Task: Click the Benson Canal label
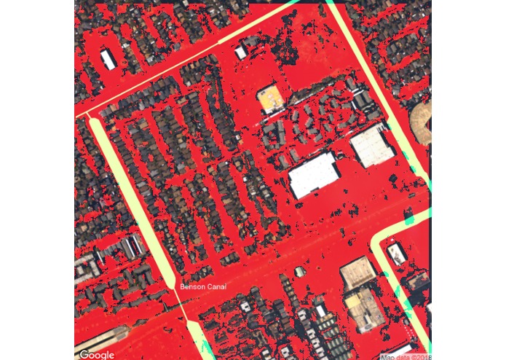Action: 203,286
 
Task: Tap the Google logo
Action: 97,354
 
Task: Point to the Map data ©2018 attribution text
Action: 406,356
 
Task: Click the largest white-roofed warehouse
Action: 314,176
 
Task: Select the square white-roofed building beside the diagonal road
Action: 372,145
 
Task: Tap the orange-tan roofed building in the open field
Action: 269,98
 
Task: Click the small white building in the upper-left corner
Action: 108,58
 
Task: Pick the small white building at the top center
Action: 241,52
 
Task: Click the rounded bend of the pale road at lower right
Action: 379,241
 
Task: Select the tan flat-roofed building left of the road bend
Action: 357,271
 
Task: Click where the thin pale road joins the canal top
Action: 90,116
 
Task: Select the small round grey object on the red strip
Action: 299,272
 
